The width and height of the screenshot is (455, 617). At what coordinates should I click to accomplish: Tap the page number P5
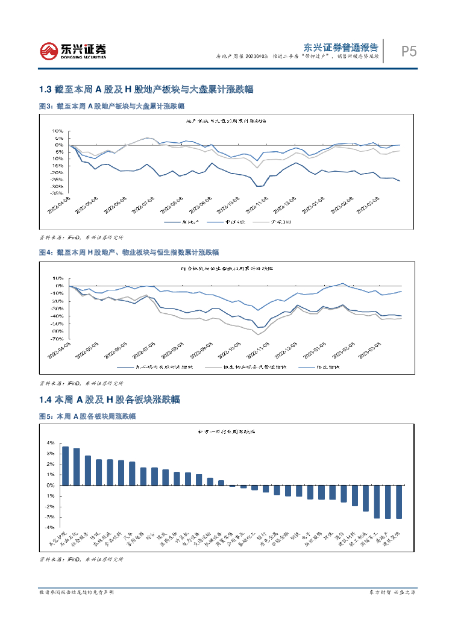point(409,51)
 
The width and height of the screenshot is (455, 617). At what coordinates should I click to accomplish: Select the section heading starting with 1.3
point(145,89)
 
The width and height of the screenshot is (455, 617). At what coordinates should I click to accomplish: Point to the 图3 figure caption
point(106,106)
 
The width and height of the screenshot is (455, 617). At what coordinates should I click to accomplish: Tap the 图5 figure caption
point(87,416)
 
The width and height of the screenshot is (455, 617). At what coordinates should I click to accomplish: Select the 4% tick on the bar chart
point(51,443)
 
